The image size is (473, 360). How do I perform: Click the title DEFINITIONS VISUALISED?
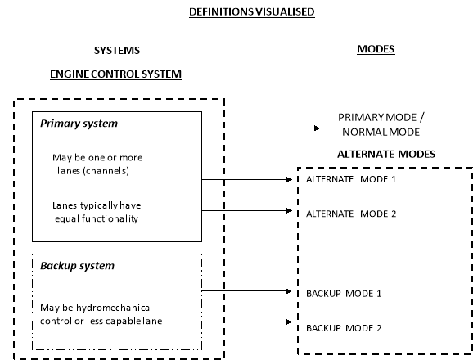click(252, 12)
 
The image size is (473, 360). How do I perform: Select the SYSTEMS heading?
click(117, 51)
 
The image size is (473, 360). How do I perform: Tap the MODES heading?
click(376, 49)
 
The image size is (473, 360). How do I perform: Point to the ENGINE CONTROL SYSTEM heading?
click(116, 74)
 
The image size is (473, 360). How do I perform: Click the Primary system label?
click(79, 124)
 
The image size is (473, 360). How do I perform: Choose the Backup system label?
click(77, 266)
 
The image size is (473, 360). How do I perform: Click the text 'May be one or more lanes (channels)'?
click(97, 164)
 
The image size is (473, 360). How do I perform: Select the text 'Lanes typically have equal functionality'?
click(97, 212)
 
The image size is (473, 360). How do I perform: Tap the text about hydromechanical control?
click(101, 314)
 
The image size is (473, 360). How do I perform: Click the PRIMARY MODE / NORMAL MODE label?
click(381, 125)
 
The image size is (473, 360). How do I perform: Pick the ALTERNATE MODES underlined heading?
click(386, 155)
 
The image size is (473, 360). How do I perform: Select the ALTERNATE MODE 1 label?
click(351, 179)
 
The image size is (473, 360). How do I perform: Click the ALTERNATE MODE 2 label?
click(351, 214)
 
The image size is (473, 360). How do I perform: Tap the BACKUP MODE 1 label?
click(344, 294)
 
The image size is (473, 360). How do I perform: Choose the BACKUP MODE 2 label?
click(344, 328)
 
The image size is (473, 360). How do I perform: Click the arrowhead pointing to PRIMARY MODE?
click(317, 128)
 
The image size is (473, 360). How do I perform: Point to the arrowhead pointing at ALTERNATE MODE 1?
click(289, 180)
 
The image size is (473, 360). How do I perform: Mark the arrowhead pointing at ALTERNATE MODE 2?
click(289, 210)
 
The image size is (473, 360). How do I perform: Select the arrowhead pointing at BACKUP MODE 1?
click(289, 291)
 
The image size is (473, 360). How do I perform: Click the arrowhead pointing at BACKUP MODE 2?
click(289, 322)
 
